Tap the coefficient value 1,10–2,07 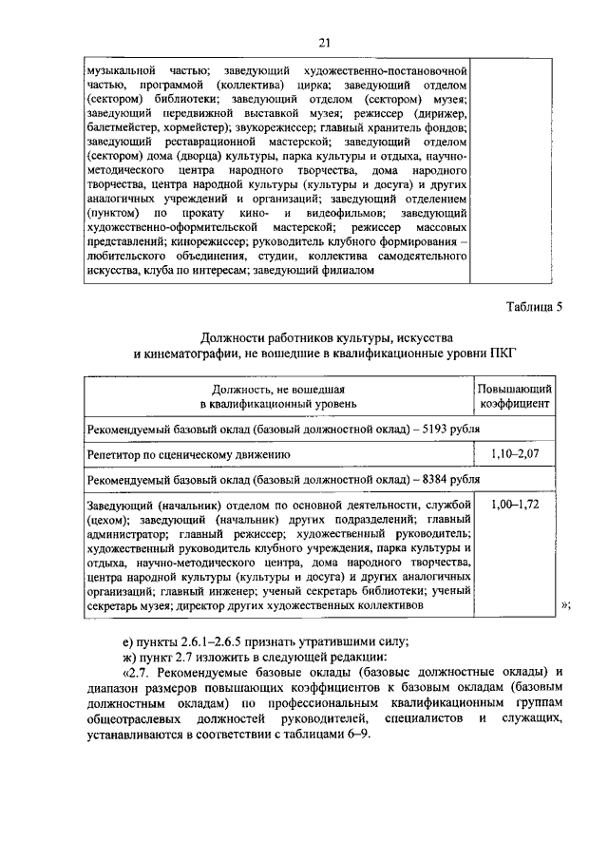[x=516, y=455]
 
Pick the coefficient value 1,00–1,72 [x=516, y=506]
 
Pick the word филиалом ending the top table [x=351, y=271]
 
